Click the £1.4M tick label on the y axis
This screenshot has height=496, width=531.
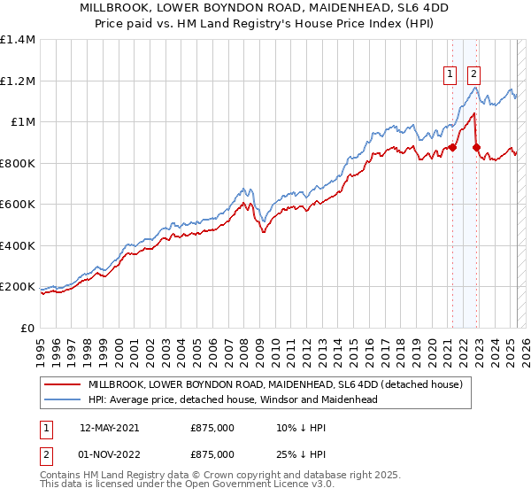point(18,40)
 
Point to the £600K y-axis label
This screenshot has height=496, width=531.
point(18,205)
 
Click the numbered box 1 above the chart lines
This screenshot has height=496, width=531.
point(450,75)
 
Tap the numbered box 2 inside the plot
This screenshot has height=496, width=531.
point(474,75)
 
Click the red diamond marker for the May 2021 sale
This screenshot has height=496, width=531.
point(453,148)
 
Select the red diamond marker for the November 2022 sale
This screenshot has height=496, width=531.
point(476,148)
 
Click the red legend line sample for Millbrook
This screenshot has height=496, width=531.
point(62,384)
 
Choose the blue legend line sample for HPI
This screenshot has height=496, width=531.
point(62,399)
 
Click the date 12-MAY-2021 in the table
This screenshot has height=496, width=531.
point(109,427)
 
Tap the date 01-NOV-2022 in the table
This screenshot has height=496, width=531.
point(109,453)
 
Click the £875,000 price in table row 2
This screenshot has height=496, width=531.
point(212,453)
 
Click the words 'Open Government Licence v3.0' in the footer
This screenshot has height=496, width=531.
point(257,485)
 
